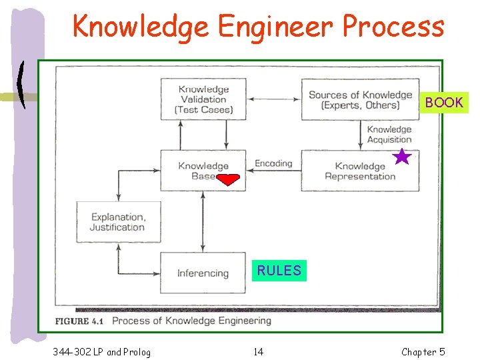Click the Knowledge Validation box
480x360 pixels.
203,100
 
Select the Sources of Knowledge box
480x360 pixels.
360,100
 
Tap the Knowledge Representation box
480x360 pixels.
360,171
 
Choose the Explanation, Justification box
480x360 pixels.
118,222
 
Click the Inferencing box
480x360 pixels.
203,273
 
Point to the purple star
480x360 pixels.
401,157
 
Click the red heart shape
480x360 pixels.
228,179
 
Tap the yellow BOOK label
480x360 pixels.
443,103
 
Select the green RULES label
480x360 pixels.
279,270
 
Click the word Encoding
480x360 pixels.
273,163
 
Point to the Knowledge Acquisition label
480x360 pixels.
389,135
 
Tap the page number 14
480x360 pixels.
258,351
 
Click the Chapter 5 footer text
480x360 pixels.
423,351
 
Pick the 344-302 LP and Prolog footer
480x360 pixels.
101,351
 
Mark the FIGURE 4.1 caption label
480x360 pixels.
81,321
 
